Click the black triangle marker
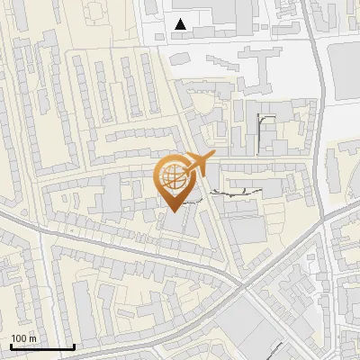point(181,24)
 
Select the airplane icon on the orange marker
point(196,165)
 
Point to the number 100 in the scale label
point(20,338)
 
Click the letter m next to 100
point(33,338)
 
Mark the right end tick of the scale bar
point(74,346)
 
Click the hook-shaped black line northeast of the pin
point(262,130)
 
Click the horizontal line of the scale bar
point(41,347)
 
